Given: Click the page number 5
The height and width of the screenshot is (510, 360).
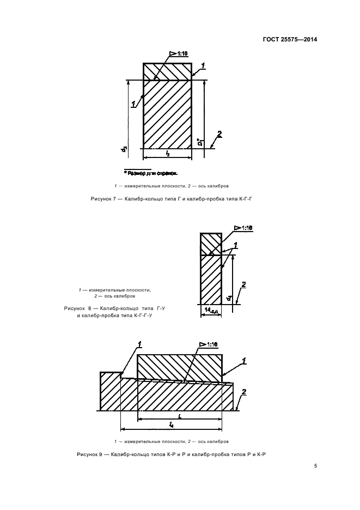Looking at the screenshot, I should pyautogui.click(x=315, y=465).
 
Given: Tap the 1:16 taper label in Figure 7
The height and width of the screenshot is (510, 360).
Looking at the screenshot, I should pyautogui.click(x=181, y=53).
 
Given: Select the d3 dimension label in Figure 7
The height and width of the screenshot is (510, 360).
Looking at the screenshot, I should pyautogui.click(x=125, y=147).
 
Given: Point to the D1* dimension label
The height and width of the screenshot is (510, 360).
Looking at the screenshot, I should pyautogui.click(x=200, y=143).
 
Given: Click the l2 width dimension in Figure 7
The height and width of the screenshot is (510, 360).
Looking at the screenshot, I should pyautogui.click(x=167, y=154).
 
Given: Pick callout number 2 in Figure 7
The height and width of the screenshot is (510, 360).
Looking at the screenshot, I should pyautogui.click(x=219, y=134).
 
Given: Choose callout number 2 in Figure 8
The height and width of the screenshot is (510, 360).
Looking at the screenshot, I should pyautogui.click(x=243, y=284).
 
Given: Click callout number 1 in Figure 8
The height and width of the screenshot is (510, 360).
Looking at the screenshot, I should pyautogui.click(x=235, y=245).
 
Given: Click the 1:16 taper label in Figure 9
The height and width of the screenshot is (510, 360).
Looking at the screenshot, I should pyautogui.click(x=210, y=344).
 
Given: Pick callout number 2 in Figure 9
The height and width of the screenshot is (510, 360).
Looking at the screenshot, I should pyautogui.click(x=244, y=392).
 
